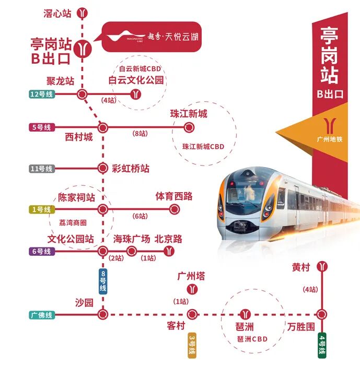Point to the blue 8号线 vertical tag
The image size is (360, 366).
pos(102,281)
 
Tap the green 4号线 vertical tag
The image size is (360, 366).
pos(322,345)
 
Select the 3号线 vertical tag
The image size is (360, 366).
pos(192,345)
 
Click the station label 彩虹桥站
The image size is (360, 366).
pos(131,169)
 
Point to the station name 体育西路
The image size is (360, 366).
pos(173,196)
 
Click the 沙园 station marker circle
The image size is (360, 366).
pos(103,314)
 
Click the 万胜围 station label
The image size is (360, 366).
pos(301,327)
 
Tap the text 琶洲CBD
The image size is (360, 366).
pos(252,339)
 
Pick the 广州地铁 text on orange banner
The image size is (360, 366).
pos(330,139)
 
